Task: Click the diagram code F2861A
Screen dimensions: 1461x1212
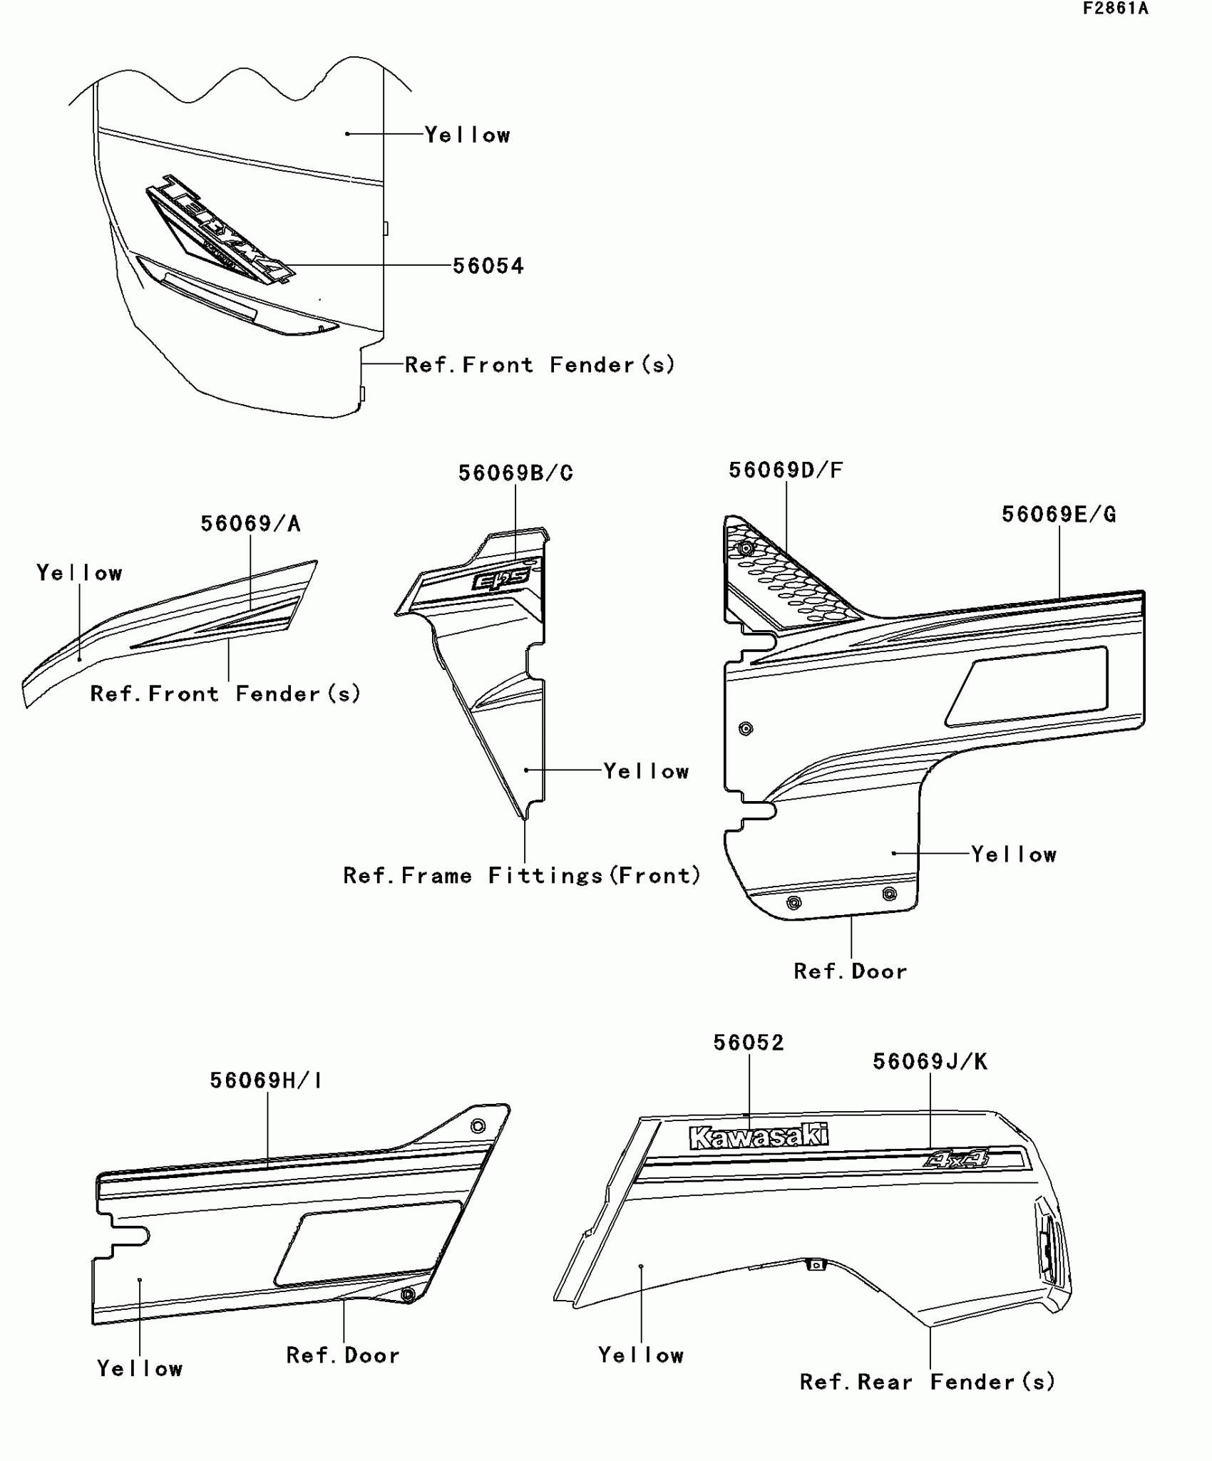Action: click(1115, 9)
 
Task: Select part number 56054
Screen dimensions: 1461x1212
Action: click(488, 266)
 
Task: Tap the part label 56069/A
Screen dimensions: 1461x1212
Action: click(250, 524)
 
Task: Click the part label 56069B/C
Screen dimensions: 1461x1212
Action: click(515, 473)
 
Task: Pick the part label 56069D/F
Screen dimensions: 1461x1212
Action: click(786, 470)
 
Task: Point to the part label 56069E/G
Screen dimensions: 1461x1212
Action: click(1059, 515)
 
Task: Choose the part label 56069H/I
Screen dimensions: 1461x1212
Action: click(266, 1080)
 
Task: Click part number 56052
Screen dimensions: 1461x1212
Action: click(749, 1043)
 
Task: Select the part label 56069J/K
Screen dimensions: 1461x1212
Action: click(930, 1062)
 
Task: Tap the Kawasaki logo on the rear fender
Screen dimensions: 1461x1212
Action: click(759, 1137)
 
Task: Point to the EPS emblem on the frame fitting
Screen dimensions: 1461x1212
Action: click(500, 580)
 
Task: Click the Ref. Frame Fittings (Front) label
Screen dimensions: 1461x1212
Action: click(522, 876)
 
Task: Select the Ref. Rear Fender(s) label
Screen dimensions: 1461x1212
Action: click(927, 1383)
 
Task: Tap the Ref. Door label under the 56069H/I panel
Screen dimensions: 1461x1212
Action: click(343, 1355)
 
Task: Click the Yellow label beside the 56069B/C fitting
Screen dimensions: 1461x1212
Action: click(646, 771)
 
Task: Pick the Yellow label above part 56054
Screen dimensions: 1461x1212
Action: click(468, 135)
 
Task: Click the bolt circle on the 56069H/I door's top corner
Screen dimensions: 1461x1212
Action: click(478, 1127)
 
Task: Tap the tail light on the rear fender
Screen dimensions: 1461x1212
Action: click(1047, 1247)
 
